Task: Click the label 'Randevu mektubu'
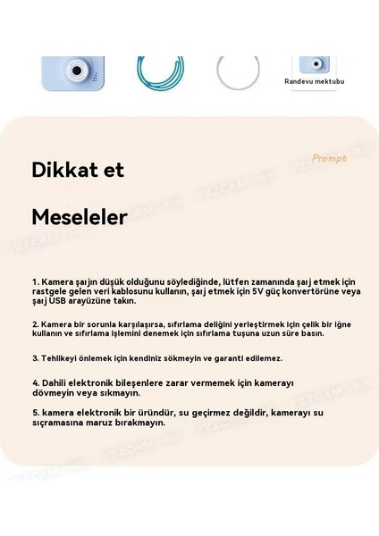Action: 315,81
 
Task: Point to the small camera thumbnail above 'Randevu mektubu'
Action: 313,64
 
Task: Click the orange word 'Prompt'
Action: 329,158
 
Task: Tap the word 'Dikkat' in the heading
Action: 65,170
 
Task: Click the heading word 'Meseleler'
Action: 80,217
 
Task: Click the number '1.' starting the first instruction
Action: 35,281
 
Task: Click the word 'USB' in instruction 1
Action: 60,300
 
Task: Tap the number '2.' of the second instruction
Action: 35,323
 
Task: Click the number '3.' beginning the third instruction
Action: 35,357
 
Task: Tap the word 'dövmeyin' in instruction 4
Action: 52,392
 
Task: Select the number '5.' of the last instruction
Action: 35,413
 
